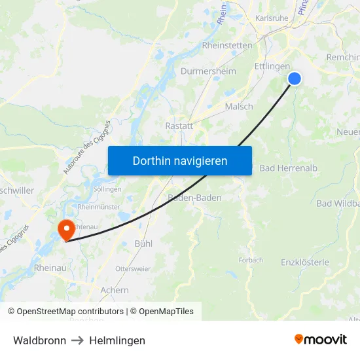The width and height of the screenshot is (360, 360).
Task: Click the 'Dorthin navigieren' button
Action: [180, 160]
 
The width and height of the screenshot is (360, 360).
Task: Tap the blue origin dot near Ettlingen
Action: [295, 79]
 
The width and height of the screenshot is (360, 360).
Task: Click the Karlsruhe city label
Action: [272, 18]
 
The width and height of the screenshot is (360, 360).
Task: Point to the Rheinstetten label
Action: [227, 45]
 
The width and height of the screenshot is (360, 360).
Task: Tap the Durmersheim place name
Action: [208, 71]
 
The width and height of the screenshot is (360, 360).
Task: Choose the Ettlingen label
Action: [272, 66]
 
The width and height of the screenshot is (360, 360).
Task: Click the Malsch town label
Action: [238, 106]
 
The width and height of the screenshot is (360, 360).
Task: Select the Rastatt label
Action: [179, 126]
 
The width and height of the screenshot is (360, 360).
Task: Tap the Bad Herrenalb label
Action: [289, 168]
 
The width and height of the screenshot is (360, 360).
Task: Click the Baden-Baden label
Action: [195, 197]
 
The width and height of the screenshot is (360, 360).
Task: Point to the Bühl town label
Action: [143, 243]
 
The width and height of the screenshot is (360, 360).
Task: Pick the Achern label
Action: [115, 289]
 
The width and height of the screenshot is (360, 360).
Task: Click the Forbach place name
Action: [251, 260]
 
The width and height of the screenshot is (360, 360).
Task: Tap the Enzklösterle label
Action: [304, 262]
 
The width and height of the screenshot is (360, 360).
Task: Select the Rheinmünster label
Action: [99, 206]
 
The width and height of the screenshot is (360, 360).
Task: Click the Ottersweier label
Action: [132, 268]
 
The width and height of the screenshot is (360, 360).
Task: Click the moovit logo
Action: [321, 339]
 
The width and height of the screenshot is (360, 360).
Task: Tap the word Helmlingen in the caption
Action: [117, 340]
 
